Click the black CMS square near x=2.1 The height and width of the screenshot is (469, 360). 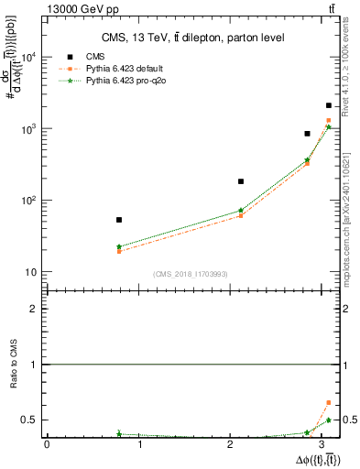click(241, 181)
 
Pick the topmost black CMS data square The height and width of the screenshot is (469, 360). click(329, 106)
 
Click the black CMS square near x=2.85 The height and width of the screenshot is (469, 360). click(308, 134)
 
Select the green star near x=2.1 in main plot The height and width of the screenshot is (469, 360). click(241, 211)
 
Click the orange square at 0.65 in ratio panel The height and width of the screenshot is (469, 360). click(329, 402)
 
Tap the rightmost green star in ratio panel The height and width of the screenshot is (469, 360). click(329, 420)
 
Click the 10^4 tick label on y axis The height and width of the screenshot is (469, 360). click(28, 57)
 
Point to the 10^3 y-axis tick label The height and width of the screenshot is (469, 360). click(28, 129)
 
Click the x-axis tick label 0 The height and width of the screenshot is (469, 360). click(47, 444)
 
